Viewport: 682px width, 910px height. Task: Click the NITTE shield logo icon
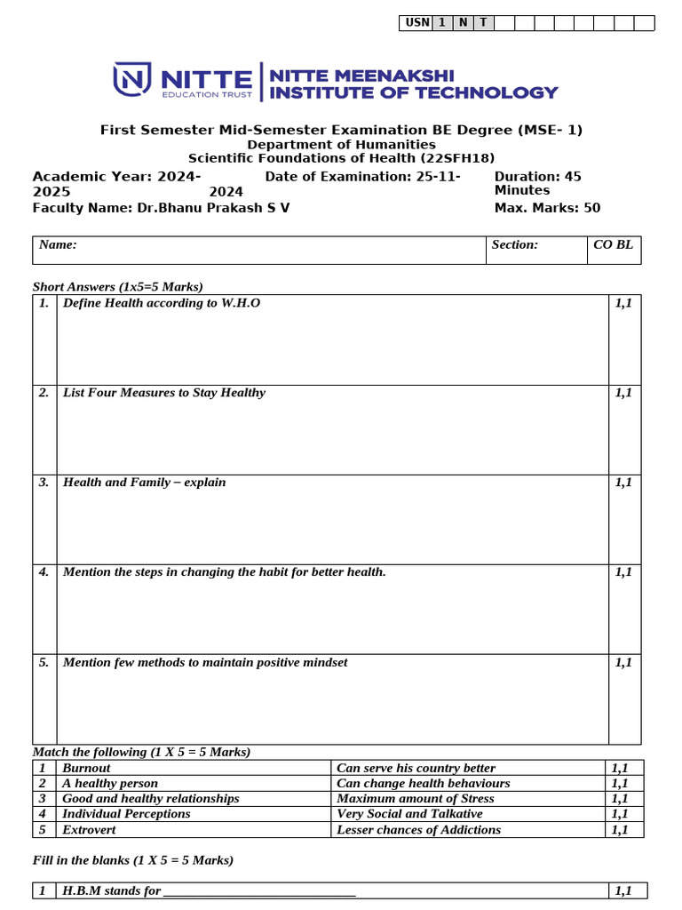(x=132, y=80)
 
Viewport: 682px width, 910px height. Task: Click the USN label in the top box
(x=416, y=23)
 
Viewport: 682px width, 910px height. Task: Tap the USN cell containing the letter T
(x=483, y=23)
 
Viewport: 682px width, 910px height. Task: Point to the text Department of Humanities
(x=341, y=144)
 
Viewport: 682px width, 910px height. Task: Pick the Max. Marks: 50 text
(x=547, y=208)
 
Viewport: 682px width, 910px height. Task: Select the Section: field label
(x=515, y=244)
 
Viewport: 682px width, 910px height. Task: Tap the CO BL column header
(x=614, y=244)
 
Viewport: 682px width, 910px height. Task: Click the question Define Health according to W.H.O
(x=162, y=303)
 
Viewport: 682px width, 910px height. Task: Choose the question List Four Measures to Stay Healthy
(x=164, y=393)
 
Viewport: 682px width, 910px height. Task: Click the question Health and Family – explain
(x=144, y=483)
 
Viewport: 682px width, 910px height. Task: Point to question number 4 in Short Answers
(x=44, y=572)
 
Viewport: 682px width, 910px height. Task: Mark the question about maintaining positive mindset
(x=205, y=662)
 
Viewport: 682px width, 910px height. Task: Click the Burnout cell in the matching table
(x=87, y=768)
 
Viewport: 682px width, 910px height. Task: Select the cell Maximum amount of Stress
(x=416, y=798)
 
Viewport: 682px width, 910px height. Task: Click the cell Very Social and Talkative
(x=409, y=813)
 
